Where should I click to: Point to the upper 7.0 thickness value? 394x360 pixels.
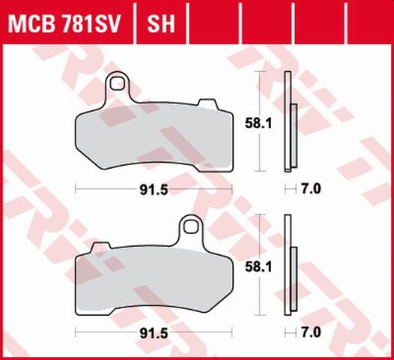[x=311, y=189]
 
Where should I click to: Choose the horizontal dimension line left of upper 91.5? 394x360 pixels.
[x=105, y=189]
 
